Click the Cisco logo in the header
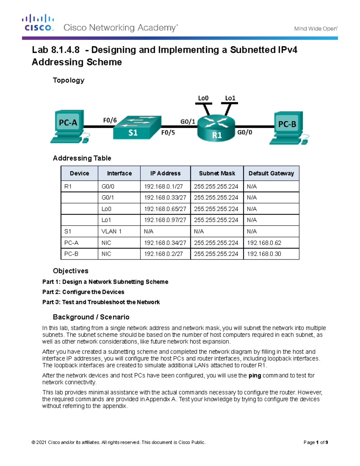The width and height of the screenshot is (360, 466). [38, 23]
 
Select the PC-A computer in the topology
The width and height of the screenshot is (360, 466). [68, 126]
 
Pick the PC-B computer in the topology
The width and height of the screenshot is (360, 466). [288, 128]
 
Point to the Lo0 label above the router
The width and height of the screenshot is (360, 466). [203, 98]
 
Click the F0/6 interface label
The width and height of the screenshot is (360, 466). [110, 120]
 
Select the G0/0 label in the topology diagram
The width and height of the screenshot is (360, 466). [244, 132]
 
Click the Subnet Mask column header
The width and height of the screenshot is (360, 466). [217, 173]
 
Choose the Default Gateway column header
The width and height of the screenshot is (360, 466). [271, 173]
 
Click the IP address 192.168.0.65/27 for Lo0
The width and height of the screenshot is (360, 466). [165, 209]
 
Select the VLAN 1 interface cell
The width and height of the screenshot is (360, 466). [111, 231]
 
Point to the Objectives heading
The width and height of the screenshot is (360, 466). [70, 271]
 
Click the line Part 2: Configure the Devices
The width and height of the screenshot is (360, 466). [83, 292]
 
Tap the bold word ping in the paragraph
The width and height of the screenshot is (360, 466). [255, 376]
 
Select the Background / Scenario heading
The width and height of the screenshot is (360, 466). [91, 317]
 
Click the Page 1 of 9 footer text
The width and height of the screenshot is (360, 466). [316, 442]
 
